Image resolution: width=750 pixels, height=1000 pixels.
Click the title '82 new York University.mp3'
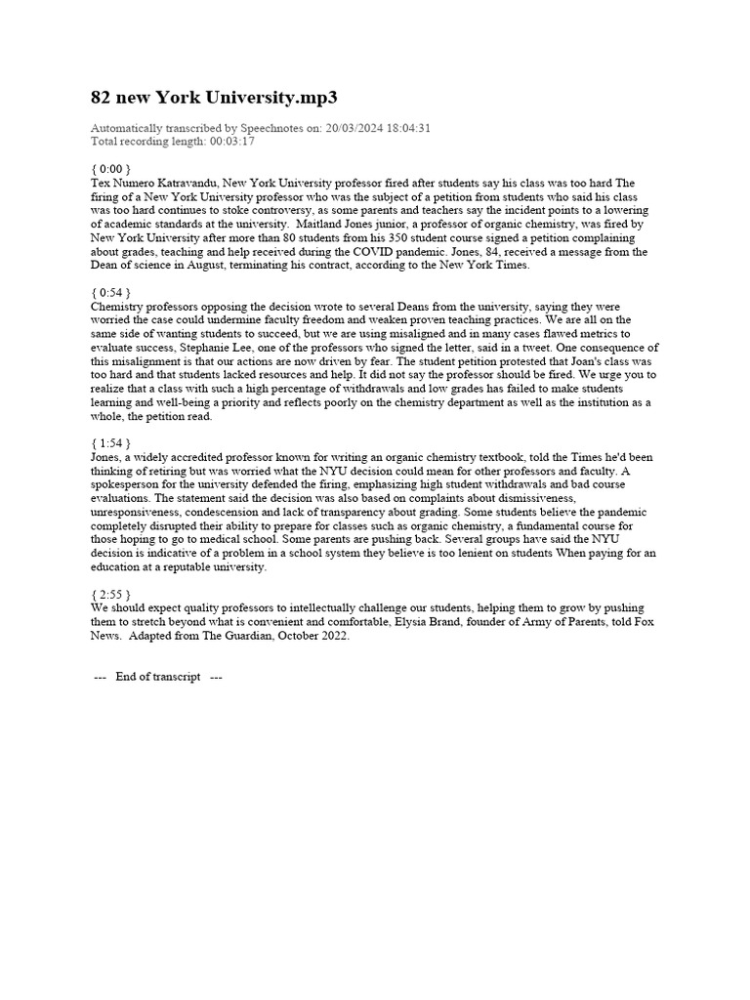(x=216, y=98)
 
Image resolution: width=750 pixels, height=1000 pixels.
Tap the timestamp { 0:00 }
(x=110, y=169)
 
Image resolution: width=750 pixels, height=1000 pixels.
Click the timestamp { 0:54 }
(x=110, y=292)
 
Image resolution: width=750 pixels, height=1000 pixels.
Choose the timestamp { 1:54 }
(x=110, y=442)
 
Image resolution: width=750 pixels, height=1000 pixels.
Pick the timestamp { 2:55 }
(x=110, y=593)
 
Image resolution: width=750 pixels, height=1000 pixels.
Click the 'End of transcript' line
(x=157, y=677)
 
